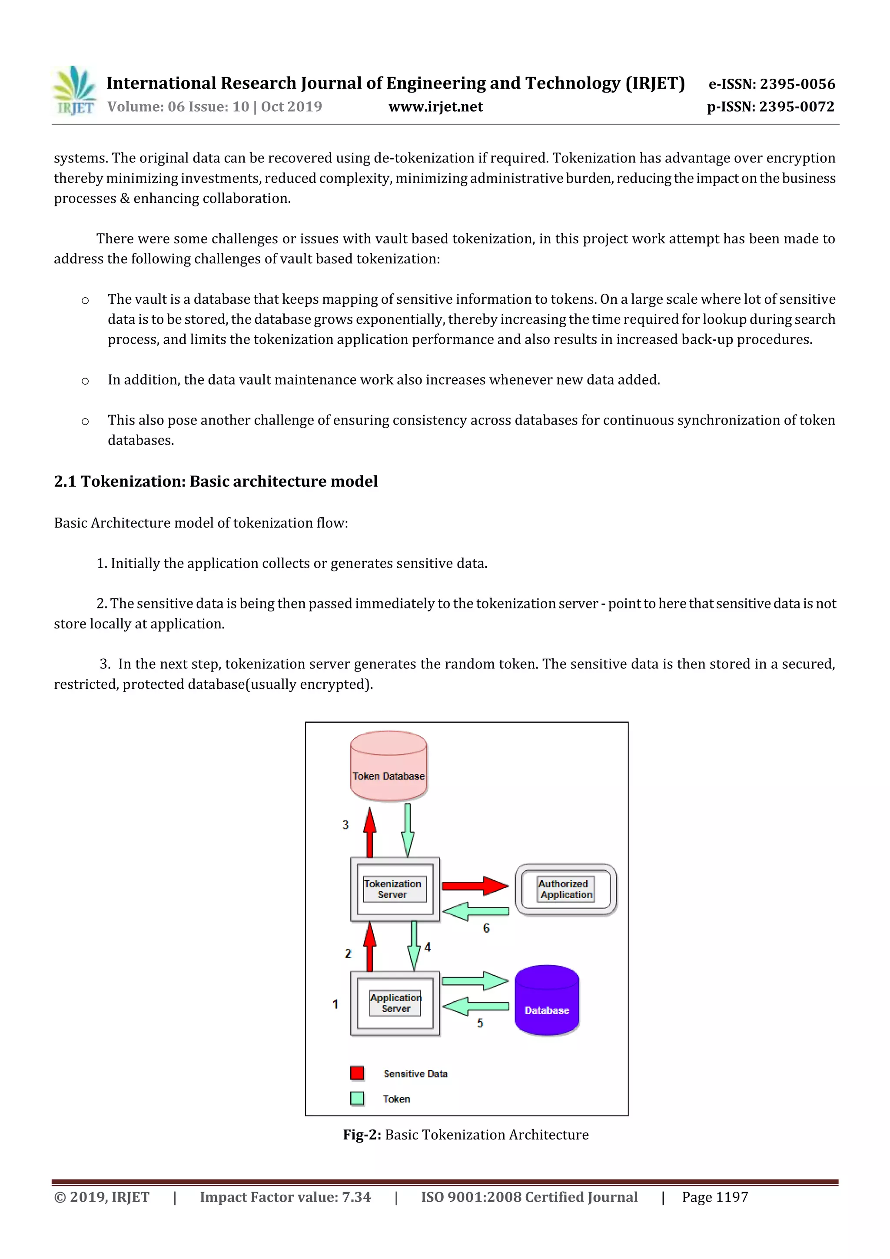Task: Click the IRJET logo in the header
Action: [x=75, y=90]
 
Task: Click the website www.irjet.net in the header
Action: [x=435, y=106]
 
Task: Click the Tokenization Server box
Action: [x=395, y=889]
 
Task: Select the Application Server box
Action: [x=395, y=1003]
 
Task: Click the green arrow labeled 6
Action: [x=475, y=911]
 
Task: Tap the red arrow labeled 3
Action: [x=370, y=832]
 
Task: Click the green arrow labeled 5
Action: [x=475, y=1006]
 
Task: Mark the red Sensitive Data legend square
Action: [x=357, y=1073]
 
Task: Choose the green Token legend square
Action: [x=357, y=1098]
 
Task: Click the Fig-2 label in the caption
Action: [x=362, y=1135]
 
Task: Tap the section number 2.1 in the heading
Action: [x=65, y=481]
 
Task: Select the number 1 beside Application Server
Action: [x=335, y=1004]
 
